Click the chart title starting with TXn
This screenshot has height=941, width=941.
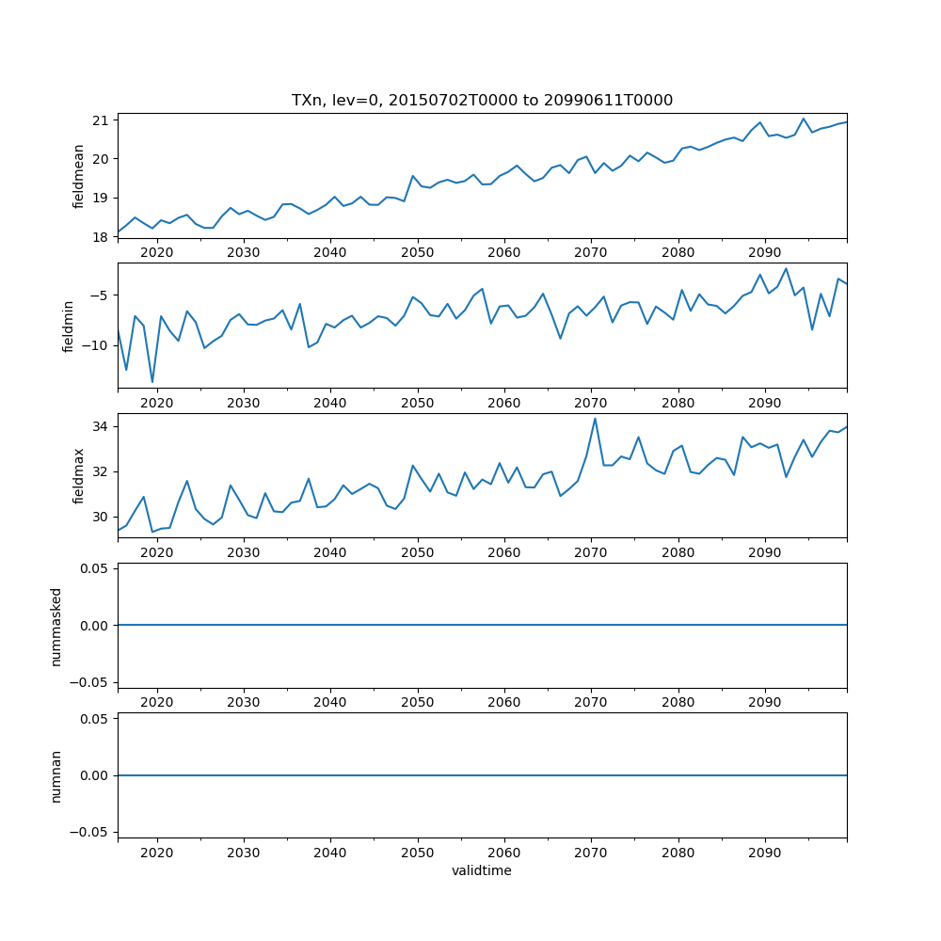[482, 101]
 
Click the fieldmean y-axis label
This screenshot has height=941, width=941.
[79, 176]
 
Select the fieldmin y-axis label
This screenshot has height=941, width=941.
[68, 326]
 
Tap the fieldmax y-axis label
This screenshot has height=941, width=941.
[79, 476]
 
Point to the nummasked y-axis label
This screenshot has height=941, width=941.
[56, 626]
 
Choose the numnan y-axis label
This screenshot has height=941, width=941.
[56, 775]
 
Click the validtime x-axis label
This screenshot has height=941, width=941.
[482, 871]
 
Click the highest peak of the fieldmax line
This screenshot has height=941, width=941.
[595, 419]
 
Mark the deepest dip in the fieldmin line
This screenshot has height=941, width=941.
[152, 382]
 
